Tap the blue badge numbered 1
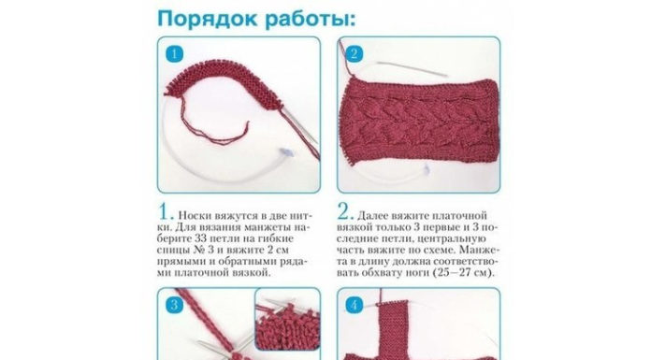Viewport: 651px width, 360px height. point(174,54)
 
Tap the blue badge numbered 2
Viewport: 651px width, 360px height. point(354,54)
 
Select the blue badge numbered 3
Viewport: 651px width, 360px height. point(174,305)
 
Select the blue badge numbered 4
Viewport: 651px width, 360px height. point(354,305)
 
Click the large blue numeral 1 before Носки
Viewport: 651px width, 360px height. point(166,212)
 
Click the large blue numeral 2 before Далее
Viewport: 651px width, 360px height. point(345,212)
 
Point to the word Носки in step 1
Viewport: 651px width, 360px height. point(195,216)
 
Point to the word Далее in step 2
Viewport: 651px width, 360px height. point(372,216)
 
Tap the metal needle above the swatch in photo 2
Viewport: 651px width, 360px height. point(412,69)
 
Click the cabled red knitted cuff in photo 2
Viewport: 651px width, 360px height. point(418,121)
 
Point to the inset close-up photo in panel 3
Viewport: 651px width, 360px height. point(288,319)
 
